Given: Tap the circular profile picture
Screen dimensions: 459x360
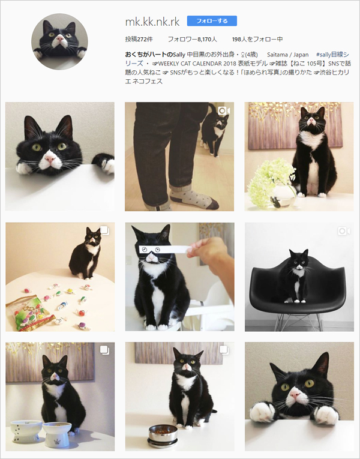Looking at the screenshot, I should point(59,43).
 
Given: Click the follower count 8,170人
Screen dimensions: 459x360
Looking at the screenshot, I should point(193,40).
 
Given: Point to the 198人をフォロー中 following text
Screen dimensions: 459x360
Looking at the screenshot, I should point(257,40).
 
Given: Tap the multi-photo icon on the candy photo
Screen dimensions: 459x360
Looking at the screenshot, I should point(104,230).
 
